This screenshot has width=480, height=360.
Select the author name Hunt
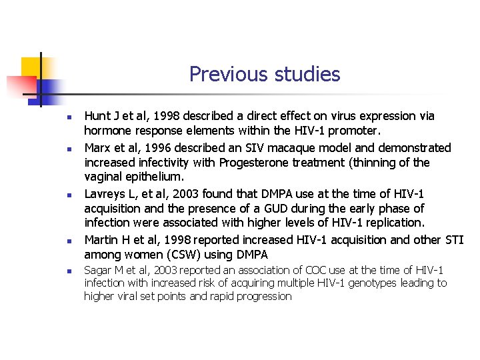(x=97, y=116)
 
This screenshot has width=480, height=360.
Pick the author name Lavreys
(x=106, y=194)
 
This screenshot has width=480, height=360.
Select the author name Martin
(x=101, y=239)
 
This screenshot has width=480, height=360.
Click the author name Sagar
(x=98, y=270)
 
